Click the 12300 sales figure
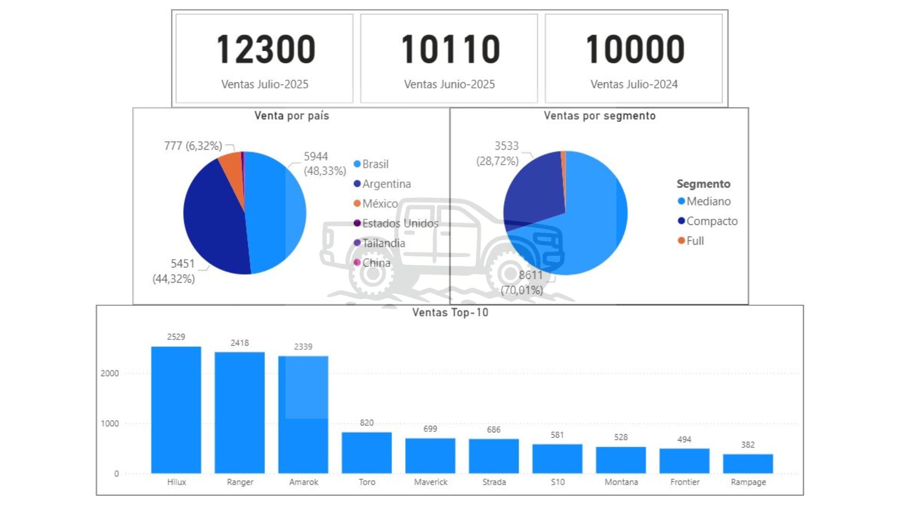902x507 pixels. coord(265,49)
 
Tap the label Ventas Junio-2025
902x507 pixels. coord(449,84)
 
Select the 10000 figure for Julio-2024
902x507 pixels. coord(634,49)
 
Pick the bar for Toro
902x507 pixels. coord(366,453)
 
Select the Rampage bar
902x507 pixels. coord(747,464)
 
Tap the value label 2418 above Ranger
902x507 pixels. coord(240,343)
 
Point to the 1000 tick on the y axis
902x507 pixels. coord(110,423)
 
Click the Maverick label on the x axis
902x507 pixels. coord(430,482)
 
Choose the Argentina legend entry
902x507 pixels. coord(386,184)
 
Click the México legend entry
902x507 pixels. coord(380,204)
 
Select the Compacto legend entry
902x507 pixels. coord(711,221)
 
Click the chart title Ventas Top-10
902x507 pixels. coord(450,313)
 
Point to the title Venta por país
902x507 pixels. coord(291,116)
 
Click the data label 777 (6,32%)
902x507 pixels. coord(193,146)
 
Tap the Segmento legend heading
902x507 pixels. coord(703,184)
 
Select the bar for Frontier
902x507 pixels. coord(684,461)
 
